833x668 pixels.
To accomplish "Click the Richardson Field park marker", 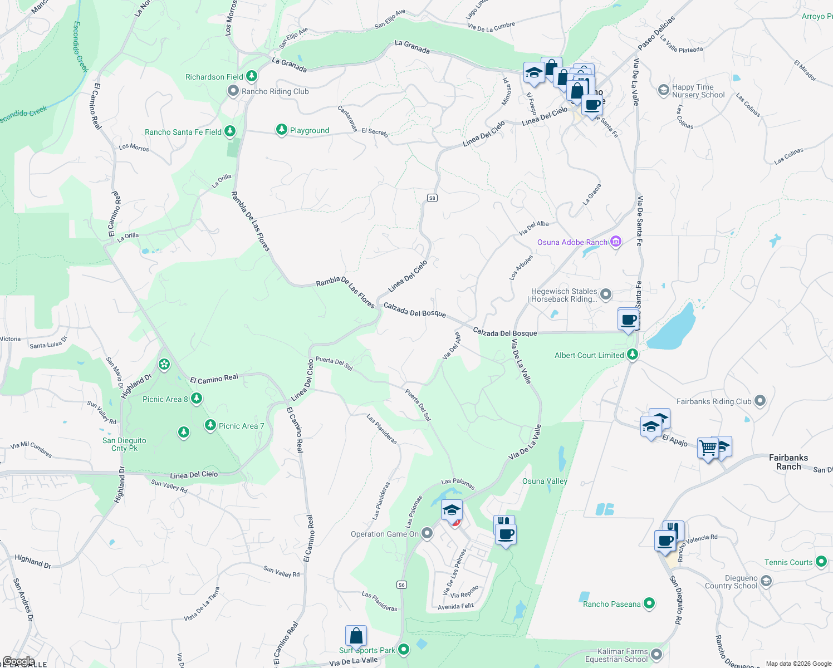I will coord(252,76).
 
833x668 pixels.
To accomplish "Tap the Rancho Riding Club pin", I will coord(233,91).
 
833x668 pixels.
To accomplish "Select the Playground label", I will coord(309,130).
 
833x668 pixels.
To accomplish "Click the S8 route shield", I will coord(432,198).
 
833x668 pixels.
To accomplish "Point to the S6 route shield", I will coord(401,584).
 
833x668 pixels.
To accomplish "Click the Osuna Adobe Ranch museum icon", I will coord(615,242).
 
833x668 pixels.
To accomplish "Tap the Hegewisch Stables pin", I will coord(606,294).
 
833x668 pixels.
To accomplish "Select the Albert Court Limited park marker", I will coord(632,354).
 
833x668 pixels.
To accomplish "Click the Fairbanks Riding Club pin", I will coord(761,401).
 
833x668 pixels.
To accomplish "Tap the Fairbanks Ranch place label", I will coord(788,462).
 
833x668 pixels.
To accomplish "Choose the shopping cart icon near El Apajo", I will coord(708,447).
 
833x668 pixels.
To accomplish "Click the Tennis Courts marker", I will coord(821,562).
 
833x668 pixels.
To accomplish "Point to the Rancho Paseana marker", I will coord(649,603).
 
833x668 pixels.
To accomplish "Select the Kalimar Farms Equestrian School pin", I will coord(656,655).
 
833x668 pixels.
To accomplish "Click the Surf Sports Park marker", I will coord(404,649).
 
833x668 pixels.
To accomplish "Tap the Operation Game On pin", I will coord(427,533).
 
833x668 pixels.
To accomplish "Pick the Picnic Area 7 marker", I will coord(210,425).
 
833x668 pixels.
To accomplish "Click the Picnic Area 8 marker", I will coord(196,399).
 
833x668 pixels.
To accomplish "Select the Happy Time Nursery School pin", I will coord(663,90).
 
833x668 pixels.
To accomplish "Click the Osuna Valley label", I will coord(545,481).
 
